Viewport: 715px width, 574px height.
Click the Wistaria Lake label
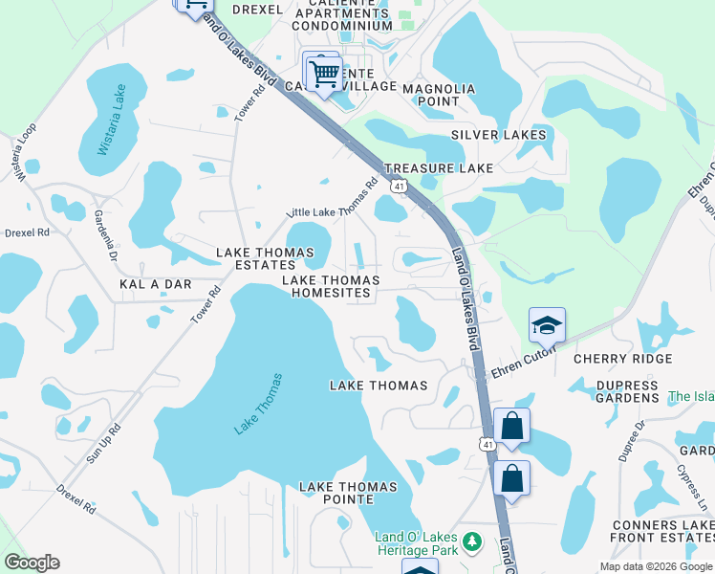click(113, 121)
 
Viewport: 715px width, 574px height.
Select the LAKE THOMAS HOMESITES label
click(330, 287)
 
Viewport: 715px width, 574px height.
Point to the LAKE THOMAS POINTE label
click(348, 494)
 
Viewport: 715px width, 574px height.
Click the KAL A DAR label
click(156, 285)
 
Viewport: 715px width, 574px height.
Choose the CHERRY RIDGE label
click(622, 359)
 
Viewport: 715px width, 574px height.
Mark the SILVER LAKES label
click(499, 135)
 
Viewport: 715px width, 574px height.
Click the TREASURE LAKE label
click(439, 168)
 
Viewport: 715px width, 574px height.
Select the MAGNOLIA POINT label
click(439, 95)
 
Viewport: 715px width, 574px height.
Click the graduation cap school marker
click(548, 326)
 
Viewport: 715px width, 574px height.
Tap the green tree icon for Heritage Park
click(471, 542)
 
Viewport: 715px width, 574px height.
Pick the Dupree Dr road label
click(632, 440)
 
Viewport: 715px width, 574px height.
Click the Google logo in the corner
click(32, 563)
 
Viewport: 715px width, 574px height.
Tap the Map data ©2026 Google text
click(655, 566)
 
